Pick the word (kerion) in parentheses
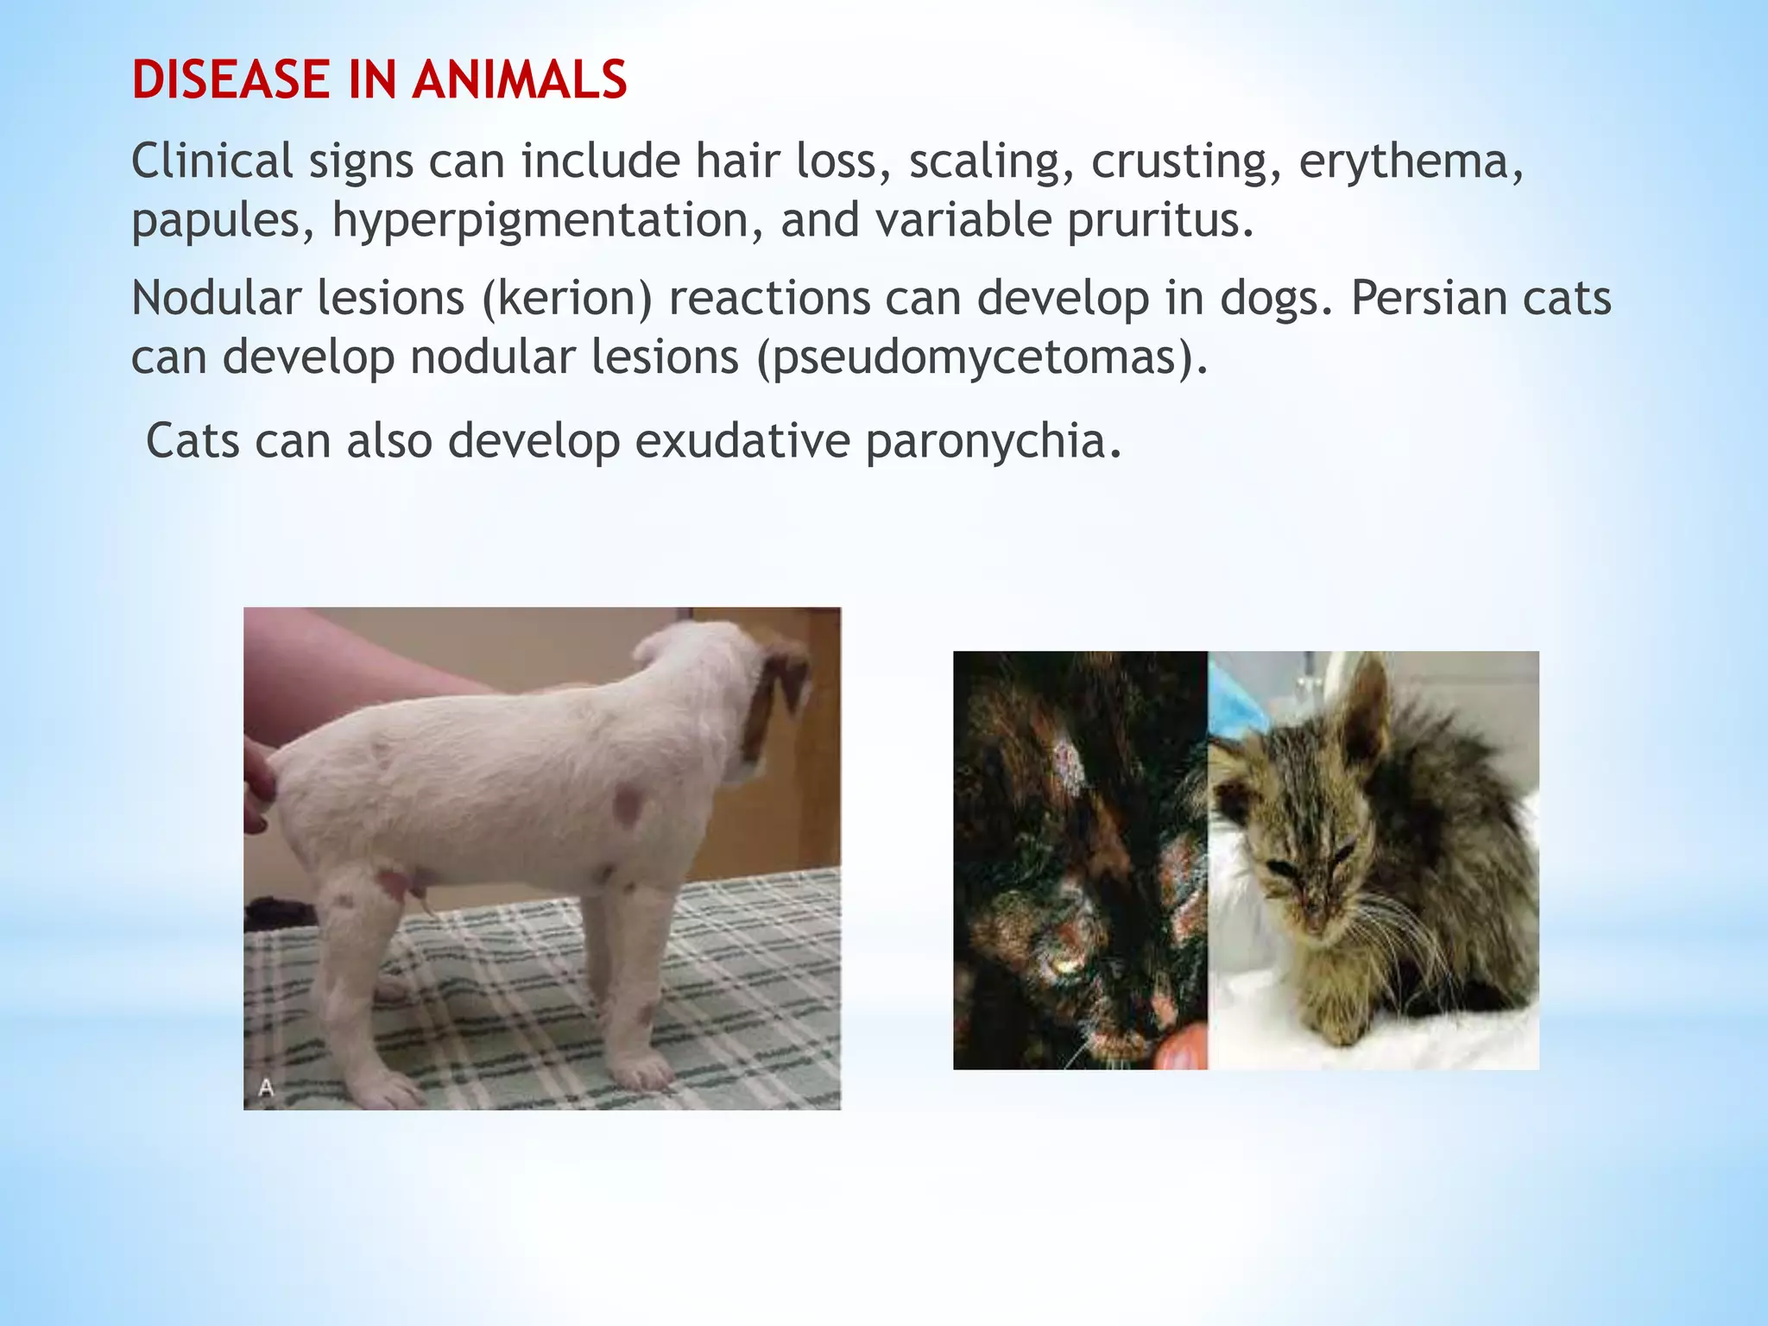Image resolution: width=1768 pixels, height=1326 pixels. click(x=566, y=298)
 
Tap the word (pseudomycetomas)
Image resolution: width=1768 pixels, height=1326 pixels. click(x=982, y=357)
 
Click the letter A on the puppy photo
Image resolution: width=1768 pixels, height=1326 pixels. click(x=266, y=1088)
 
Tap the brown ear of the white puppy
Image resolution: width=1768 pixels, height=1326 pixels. click(x=777, y=691)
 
